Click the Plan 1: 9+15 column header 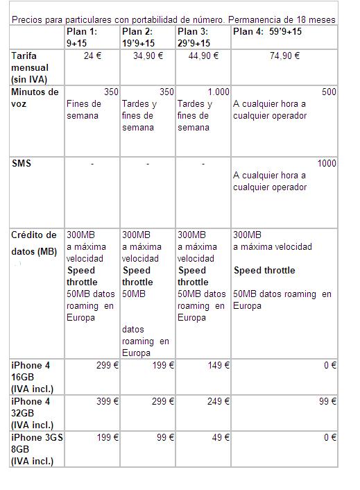tap(82, 37)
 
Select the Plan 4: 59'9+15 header tap(267, 32)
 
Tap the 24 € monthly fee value tap(92, 56)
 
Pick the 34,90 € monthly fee tap(148, 56)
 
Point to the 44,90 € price tap(204, 56)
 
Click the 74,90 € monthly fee tap(284, 56)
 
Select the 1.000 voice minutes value tap(218, 92)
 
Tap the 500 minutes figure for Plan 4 tap(329, 92)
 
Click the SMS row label tap(22, 163)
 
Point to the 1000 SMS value tap(326, 163)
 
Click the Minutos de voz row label tap(34, 98)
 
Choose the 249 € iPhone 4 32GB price tap(218, 401)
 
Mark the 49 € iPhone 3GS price tap(221, 437)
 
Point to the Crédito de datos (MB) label tap(35, 242)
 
